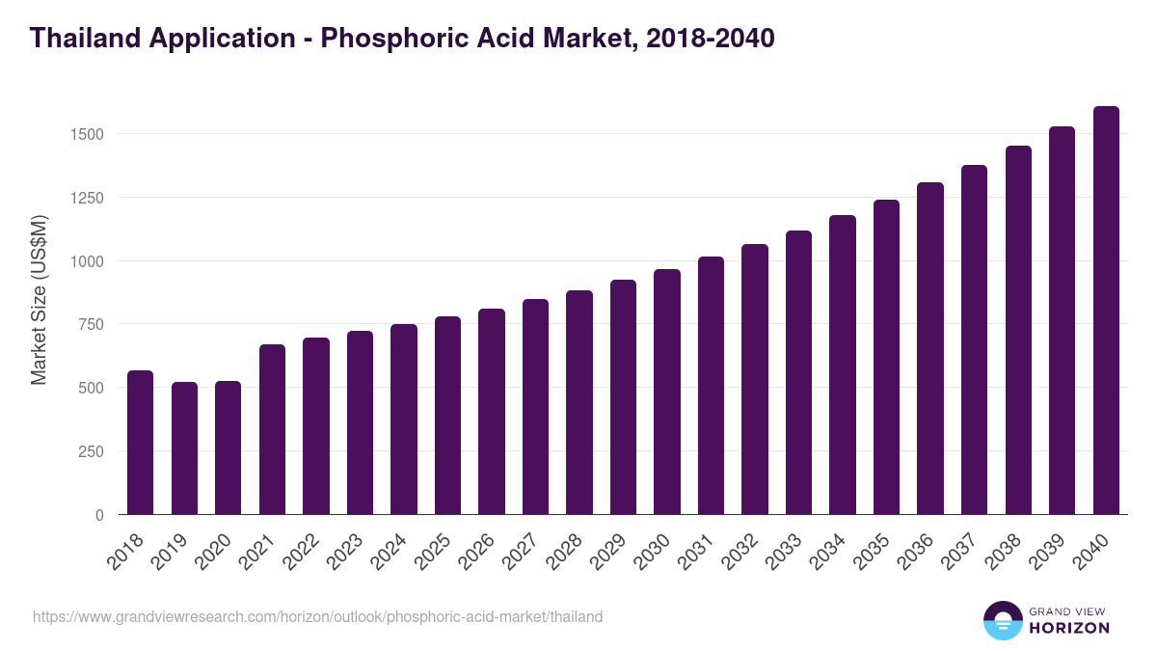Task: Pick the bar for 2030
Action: [667, 392]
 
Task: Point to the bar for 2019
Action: [184, 448]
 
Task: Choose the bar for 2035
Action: [886, 357]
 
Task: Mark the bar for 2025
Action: [447, 415]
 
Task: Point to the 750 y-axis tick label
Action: [90, 325]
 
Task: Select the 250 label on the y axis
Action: [90, 451]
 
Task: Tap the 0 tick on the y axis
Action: [98, 515]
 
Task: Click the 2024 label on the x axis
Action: [398, 553]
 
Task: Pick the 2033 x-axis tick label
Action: [794, 553]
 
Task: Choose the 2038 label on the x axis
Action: [1013, 553]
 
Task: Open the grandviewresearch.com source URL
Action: [318, 616]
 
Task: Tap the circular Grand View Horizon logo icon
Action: [1002, 620]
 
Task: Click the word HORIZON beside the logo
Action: [1069, 628]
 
